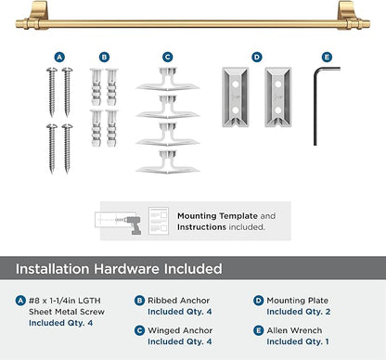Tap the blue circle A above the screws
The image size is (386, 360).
pyautogui.click(x=59, y=57)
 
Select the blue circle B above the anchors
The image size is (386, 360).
pyautogui.click(x=104, y=57)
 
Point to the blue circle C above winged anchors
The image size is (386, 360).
pyautogui.click(x=168, y=57)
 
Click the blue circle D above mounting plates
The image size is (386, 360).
pyautogui.click(x=257, y=57)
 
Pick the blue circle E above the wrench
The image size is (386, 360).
pyautogui.click(x=326, y=57)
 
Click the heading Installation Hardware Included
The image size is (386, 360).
pyautogui.click(x=119, y=269)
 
